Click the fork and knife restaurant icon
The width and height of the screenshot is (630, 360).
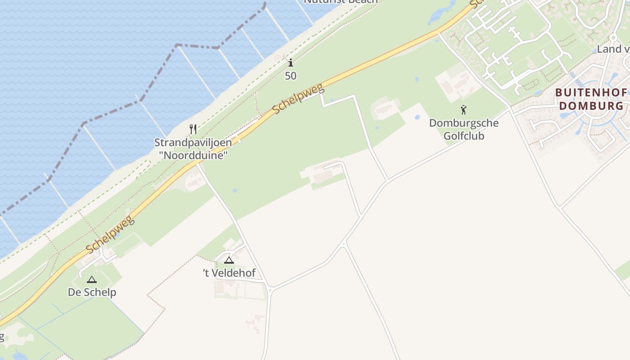coord(193,129)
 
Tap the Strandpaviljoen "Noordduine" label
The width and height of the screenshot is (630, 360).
coord(193,149)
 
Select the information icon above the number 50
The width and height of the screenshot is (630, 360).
coord(291,63)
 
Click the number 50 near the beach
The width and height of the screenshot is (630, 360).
coord(291,76)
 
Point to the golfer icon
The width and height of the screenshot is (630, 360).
coord(463,109)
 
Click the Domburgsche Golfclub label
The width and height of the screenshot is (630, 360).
coord(463,129)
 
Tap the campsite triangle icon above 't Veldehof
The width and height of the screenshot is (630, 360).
coord(229,260)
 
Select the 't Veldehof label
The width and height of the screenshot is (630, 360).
coord(229,273)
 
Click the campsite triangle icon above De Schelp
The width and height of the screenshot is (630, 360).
coord(92,279)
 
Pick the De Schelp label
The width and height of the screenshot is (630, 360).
coord(92,292)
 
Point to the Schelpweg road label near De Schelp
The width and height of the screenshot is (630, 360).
coord(110,235)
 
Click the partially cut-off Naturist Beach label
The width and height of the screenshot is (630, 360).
coord(341,2)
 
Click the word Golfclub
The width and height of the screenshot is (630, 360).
coord(463,135)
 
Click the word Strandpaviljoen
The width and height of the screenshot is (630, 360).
coord(193,143)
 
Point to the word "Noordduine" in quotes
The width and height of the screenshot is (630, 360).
coord(193,155)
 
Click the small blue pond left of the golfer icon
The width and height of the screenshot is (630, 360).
coord(417,117)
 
